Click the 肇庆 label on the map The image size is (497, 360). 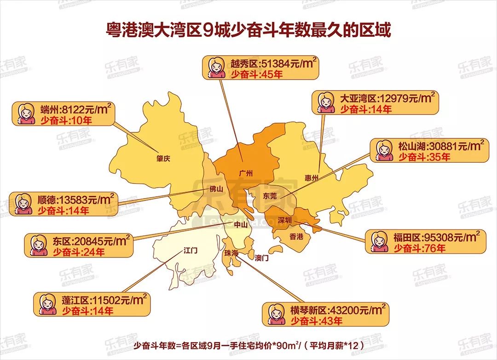click(163, 159)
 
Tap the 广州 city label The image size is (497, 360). click(247, 173)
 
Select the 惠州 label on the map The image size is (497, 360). click(312, 178)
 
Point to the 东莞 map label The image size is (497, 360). click(270, 195)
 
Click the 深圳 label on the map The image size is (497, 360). click(285, 220)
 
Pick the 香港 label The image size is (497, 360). click(296, 237)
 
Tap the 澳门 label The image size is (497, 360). click(262, 258)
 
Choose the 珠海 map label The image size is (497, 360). click(231, 253)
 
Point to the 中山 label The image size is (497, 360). click(241, 225)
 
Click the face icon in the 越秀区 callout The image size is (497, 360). click(214, 68)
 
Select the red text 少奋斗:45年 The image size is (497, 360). click(257, 74)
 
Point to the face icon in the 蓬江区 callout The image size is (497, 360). click(46, 303)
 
